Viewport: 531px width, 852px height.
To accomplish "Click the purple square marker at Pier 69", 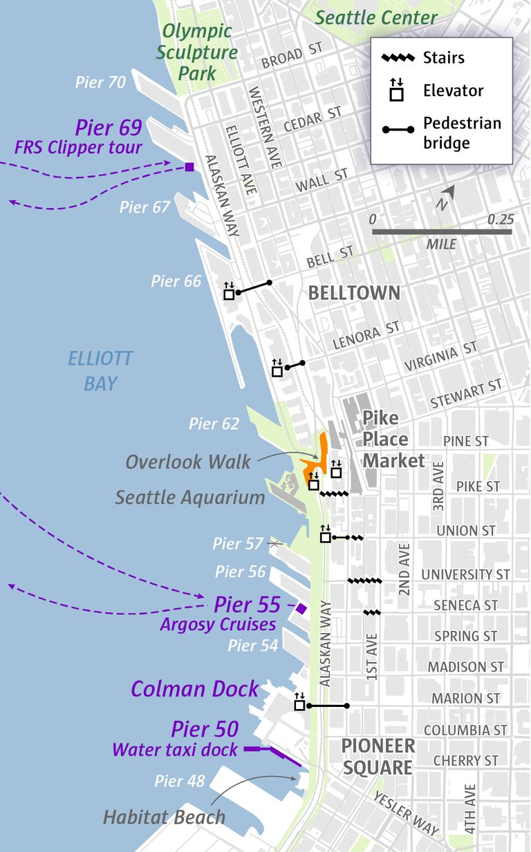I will point(189,167).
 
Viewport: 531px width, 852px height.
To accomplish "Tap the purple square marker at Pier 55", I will point(301,608).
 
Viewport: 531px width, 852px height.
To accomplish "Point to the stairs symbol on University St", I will point(364,581).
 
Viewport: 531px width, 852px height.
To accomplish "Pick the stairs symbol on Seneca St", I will point(372,612).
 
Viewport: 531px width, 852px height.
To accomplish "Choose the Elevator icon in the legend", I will point(396,91).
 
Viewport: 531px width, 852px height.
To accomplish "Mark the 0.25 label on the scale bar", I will point(501,219).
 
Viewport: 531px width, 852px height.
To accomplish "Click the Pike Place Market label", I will point(393,439).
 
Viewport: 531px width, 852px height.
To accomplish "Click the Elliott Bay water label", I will point(100,371).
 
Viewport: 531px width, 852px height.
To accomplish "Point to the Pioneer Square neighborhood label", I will point(378,757).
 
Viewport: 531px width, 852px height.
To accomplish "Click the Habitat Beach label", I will point(165,817).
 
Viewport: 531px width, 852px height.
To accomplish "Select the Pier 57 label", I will point(238,544).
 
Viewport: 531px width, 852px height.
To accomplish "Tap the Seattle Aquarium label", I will point(190,498).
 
